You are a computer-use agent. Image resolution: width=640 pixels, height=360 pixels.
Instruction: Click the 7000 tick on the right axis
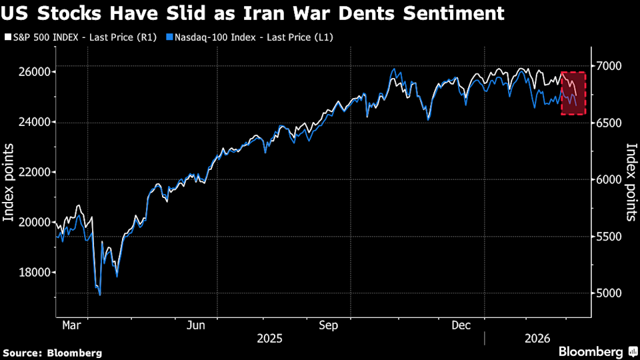pyautogui.click(x=609, y=66)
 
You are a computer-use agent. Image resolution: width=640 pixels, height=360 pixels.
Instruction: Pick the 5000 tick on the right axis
pyautogui.click(x=609, y=293)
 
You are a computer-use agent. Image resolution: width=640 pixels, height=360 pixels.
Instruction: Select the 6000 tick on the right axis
pyautogui.click(x=609, y=180)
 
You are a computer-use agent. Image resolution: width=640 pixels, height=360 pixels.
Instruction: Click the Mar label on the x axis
pyautogui.click(x=71, y=325)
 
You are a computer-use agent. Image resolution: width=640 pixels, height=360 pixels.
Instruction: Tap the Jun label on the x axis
pyautogui.click(x=196, y=325)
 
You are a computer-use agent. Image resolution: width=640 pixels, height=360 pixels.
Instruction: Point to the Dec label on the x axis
pyautogui.click(x=461, y=325)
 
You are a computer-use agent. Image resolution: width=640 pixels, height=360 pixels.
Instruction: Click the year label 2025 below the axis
pyautogui.click(x=269, y=339)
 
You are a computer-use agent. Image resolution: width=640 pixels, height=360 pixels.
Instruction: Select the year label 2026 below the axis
pyautogui.click(x=537, y=339)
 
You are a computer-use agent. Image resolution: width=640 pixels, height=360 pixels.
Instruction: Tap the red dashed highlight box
pyautogui.click(x=573, y=93)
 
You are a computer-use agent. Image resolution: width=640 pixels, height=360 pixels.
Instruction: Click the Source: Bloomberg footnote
pyautogui.click(x=53, y=353)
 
